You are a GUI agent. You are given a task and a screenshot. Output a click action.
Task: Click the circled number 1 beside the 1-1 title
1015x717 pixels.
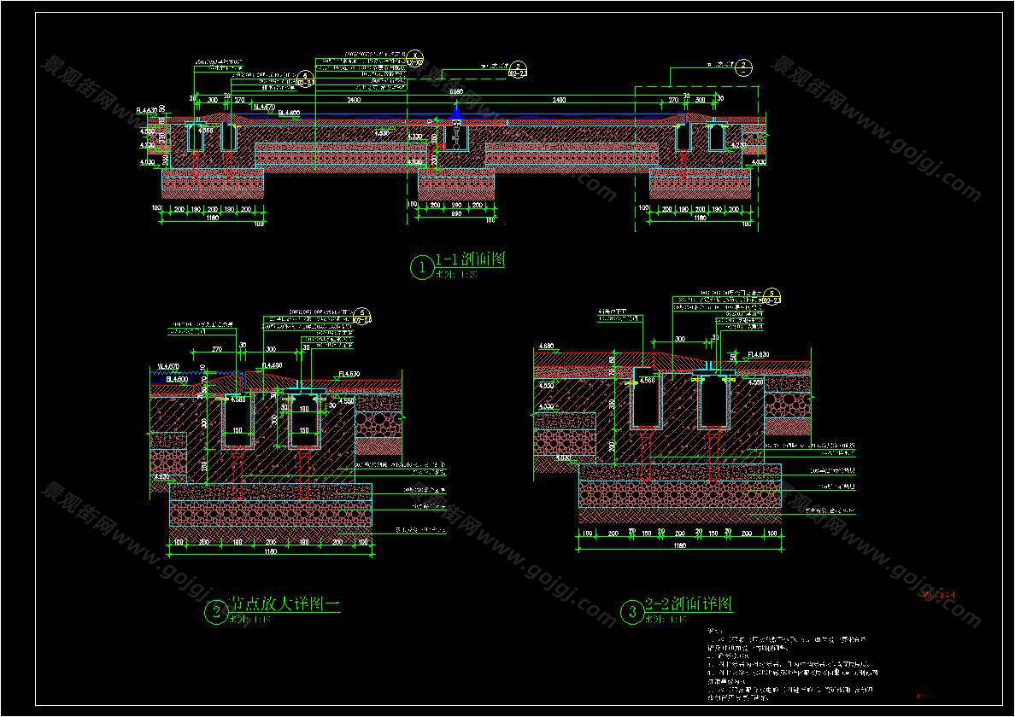(x=421, y=268)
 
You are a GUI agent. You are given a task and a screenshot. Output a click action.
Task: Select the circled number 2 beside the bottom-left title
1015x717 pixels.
(x=216, y=611)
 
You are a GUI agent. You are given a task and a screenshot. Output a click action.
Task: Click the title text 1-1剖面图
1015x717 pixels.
(x=470, y=259)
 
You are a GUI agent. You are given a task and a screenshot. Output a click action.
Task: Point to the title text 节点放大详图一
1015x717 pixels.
(x=285, y=604)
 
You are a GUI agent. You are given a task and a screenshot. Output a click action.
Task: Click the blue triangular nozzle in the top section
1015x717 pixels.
(x=457, y=111)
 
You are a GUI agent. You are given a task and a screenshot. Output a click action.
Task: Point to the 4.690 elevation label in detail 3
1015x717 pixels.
(x=547, y=347)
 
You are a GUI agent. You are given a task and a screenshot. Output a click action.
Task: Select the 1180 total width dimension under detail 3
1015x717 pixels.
(x=679, y=545)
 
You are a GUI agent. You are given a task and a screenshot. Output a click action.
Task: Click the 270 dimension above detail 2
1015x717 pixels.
(x=216, y=349)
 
